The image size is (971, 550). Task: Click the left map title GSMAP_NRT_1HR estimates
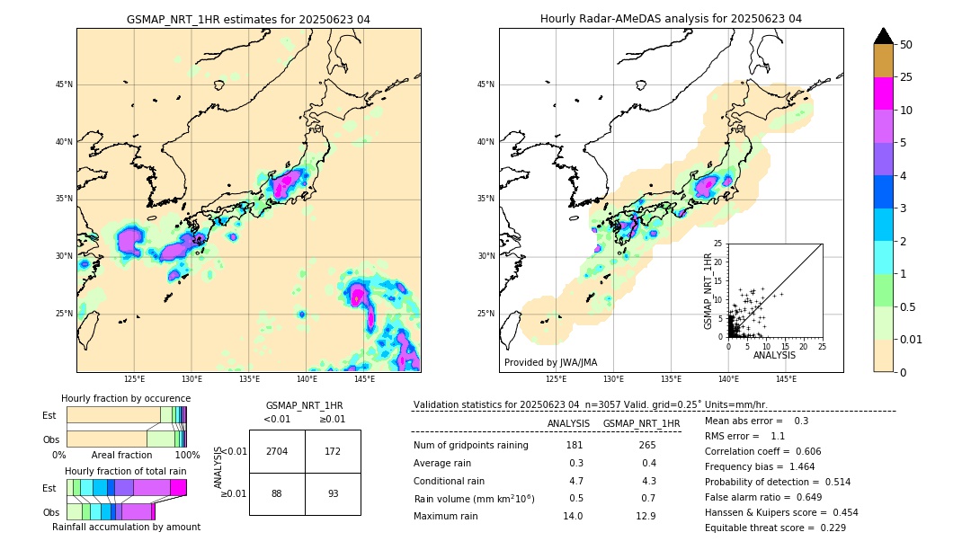248,19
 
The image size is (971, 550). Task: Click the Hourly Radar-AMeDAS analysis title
671,19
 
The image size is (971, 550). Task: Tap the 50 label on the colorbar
906,45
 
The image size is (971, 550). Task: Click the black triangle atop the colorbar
884,36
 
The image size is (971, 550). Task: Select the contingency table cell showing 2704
277,451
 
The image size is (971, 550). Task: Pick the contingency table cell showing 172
333,451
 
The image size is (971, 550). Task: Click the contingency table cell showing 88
277,493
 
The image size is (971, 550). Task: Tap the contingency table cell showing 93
333,493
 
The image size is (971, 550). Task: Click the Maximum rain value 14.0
573,516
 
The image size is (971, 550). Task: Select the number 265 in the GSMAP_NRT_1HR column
646,445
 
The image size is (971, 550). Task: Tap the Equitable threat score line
775,528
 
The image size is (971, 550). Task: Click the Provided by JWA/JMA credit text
550,362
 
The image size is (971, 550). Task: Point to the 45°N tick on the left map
63,84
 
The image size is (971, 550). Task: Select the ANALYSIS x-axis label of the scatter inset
775,355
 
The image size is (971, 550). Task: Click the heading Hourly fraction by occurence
126,398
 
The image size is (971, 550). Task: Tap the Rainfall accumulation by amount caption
126,527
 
